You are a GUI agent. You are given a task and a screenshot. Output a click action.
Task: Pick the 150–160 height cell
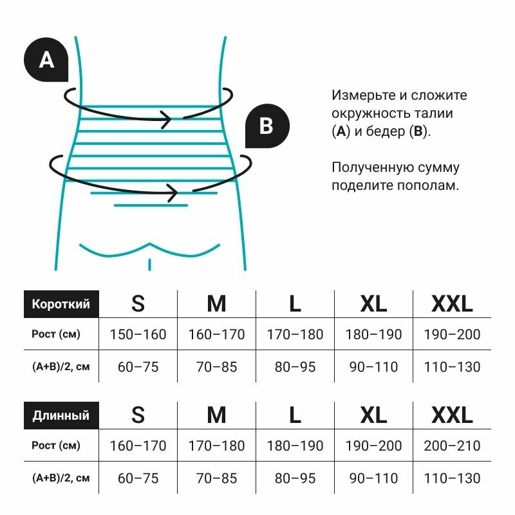tap(138, 335)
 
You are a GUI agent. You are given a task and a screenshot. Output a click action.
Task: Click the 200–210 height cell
tap(452, 445)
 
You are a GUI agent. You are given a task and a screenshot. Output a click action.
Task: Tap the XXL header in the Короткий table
tap(452, 304)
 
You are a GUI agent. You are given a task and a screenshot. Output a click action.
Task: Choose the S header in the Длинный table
tap(138, 415)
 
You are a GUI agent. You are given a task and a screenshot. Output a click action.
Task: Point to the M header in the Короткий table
tap(216, 304)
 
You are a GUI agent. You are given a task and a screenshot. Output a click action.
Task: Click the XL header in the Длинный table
tap(373, 415)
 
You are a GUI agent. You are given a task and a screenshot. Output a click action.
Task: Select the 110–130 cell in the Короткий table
tap(452, 367)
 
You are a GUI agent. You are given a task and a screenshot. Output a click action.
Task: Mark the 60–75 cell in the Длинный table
tap(138, 478)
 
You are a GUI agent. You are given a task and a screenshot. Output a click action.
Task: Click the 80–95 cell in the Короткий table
tap(295, 367)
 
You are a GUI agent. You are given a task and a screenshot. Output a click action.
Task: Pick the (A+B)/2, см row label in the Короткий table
tap(61, 367)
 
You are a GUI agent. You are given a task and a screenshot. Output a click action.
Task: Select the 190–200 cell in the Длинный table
tap(373, 445)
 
